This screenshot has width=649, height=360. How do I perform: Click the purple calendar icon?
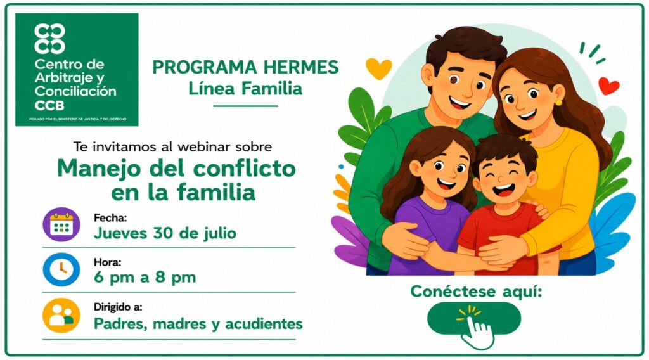(x=61, y=224)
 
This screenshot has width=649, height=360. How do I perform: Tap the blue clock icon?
(x=61, y=269)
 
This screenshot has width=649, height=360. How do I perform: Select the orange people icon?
(x=61, y=315)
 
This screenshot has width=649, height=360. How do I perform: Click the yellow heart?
(x=378, y=68)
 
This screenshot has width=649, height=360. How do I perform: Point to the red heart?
(x=609, y=86)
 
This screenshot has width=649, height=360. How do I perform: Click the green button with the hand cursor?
(x=474, y=318)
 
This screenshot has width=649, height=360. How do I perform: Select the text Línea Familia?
(x=245, y=88)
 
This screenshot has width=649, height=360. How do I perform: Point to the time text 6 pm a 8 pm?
(x=145, y=278)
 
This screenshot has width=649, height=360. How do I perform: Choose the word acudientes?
(x=264, y=324)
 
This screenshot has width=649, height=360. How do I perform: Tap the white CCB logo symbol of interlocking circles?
(x=49, y=39)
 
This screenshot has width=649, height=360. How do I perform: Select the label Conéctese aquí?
(x=476, y=292)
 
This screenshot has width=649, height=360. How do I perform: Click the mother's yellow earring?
(x=558, y=102)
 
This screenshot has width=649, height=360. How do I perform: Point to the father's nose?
(x=467, y=91)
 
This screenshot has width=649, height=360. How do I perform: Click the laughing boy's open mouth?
(x=504, y=191)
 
